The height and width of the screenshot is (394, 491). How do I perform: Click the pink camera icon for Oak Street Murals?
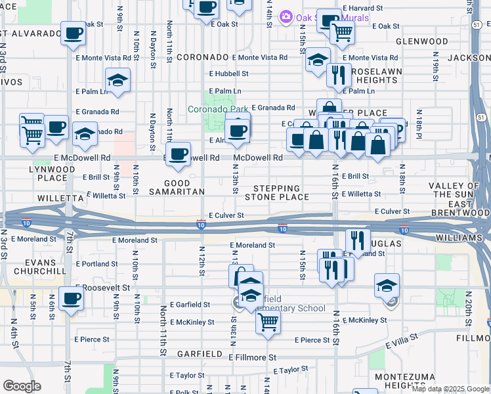coord(286,16)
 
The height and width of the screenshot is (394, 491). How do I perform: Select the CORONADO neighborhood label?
coord(202,58)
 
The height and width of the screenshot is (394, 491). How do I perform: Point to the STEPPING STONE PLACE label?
coord(276,192)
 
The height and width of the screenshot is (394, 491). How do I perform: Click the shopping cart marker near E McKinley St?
coord(268,322)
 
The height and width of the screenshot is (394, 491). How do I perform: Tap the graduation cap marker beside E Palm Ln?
coord(117,80)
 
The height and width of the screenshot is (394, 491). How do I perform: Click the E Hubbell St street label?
coord(228,74)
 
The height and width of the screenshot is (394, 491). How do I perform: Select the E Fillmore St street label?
coord(252,357)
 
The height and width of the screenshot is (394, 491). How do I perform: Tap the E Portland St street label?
coord(96,264)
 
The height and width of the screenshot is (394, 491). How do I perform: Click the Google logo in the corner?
coord(22,386)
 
